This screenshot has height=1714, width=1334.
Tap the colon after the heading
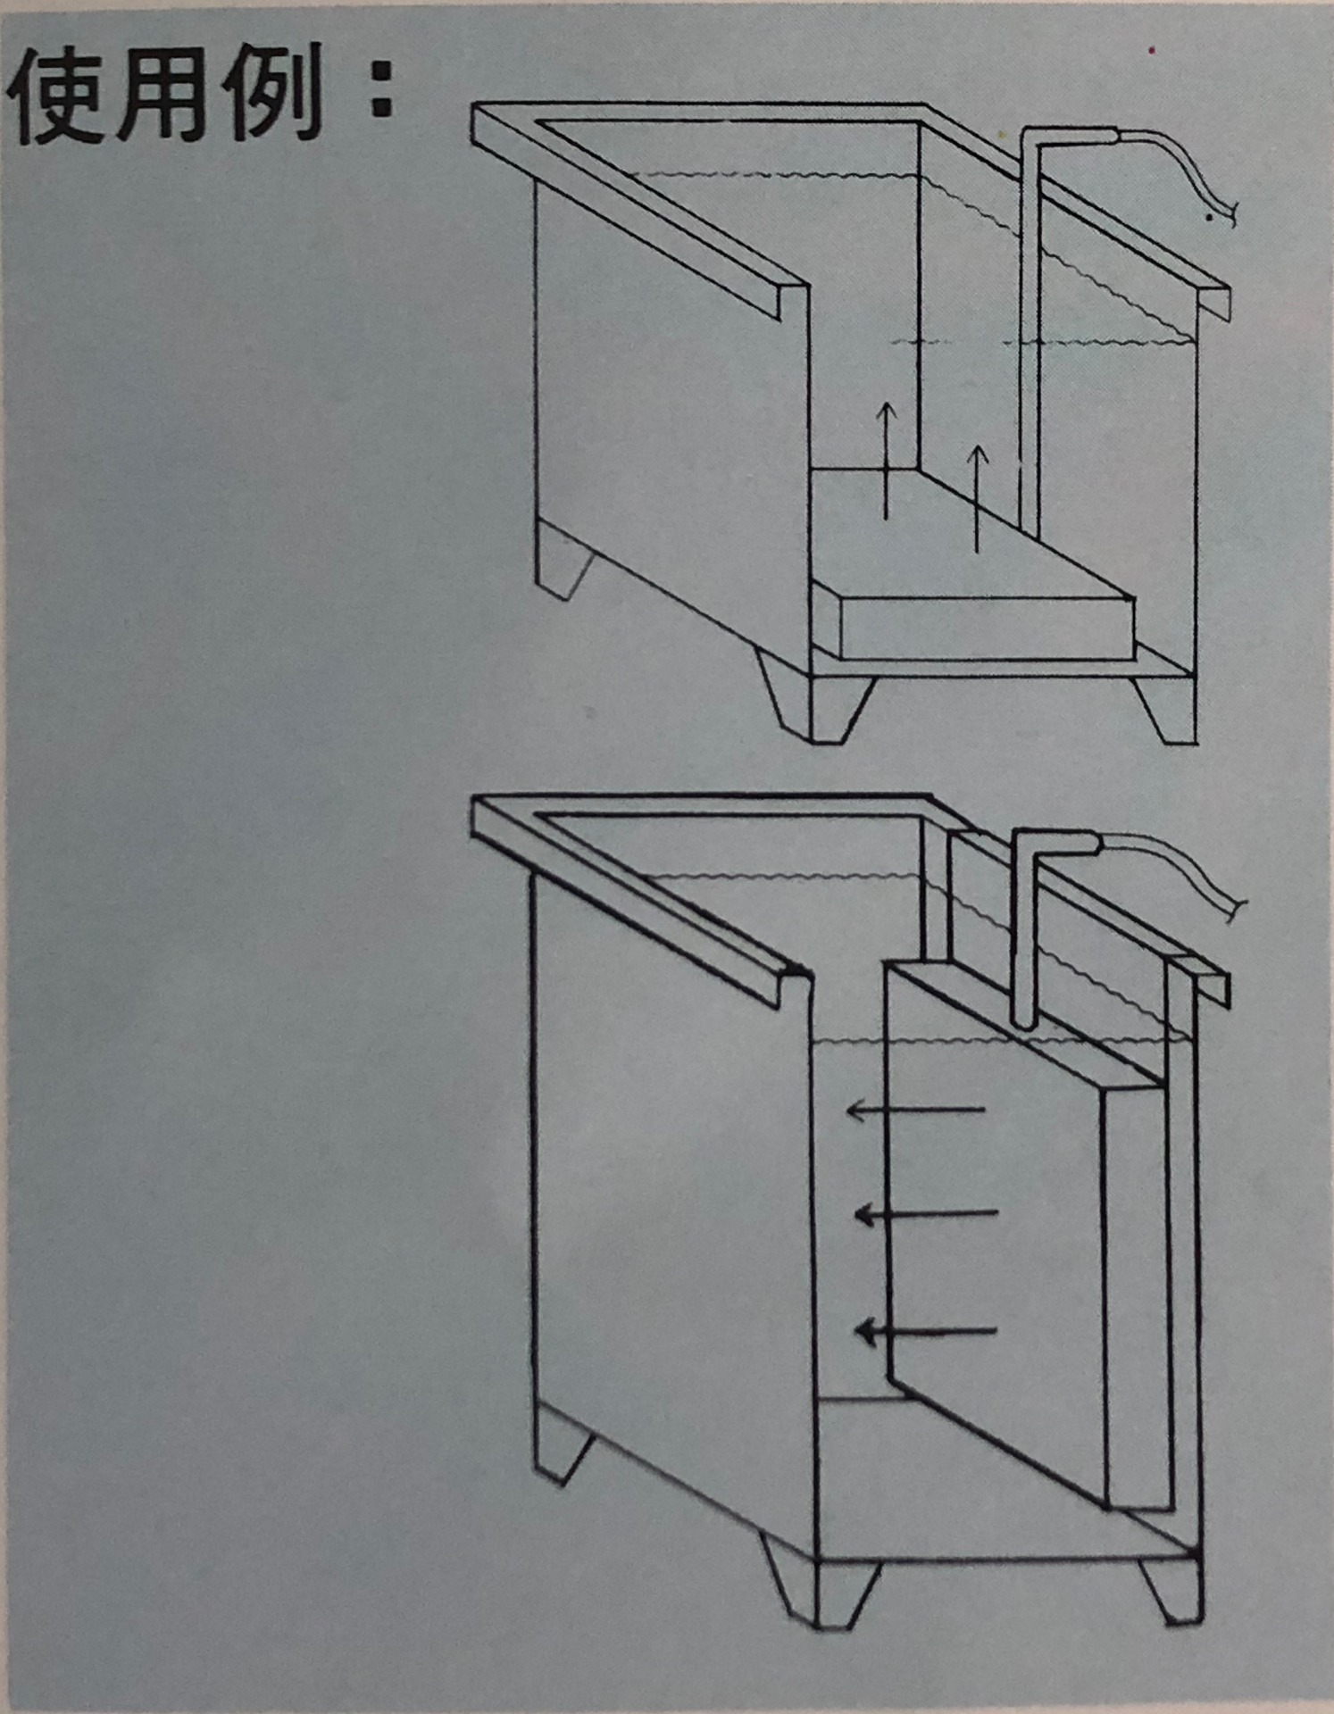click(x=382, y=95)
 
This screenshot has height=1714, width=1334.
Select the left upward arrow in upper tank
click(x=886, y=460)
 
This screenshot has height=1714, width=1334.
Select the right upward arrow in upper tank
click(x=978, y=498)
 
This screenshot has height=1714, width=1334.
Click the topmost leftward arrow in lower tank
click(x=915, y=1111)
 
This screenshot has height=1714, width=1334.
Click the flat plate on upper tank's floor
click(x=973, y=571)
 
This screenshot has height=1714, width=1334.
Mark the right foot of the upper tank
click(x=1165, y=710)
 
